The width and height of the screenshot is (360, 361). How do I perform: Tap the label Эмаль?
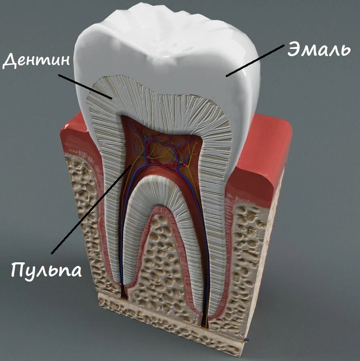pos(319,49)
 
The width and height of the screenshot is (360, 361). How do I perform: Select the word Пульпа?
pos(47,270)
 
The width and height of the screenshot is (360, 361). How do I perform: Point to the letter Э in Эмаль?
pos(294,49)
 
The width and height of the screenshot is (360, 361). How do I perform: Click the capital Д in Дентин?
pos(10,60)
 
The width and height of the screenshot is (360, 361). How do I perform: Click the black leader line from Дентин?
pos(85,87)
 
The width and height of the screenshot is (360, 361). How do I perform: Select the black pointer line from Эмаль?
pos(255,61)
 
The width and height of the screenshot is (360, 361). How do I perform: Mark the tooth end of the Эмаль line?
pos(227,76)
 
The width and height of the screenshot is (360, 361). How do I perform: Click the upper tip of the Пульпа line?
pos(131,165)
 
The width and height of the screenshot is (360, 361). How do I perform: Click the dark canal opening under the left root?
pos(124,292)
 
